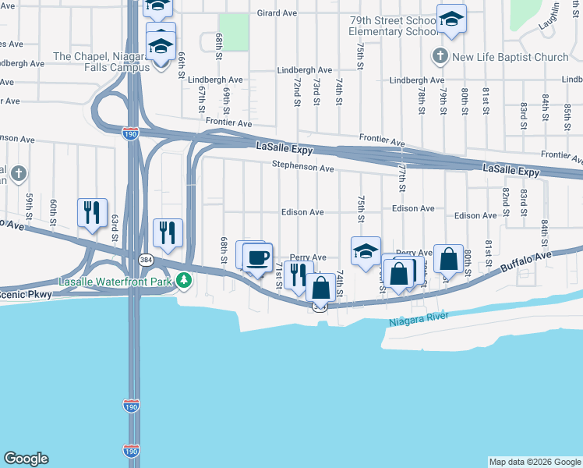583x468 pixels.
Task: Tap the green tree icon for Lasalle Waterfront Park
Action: pos(184,279)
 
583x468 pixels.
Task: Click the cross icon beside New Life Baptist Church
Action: pos(440,56)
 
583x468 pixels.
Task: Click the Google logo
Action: pos(26,459)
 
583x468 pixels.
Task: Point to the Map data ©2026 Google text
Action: pos(534,462)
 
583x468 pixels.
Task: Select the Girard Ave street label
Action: pos(277,13)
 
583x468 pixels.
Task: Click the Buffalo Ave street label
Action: pos(526,260)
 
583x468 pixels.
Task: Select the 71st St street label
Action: pos(278,273)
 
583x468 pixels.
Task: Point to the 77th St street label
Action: pos(402,177)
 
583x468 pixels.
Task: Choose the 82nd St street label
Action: pos(506,200)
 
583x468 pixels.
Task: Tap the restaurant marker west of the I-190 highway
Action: pos(92,213)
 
